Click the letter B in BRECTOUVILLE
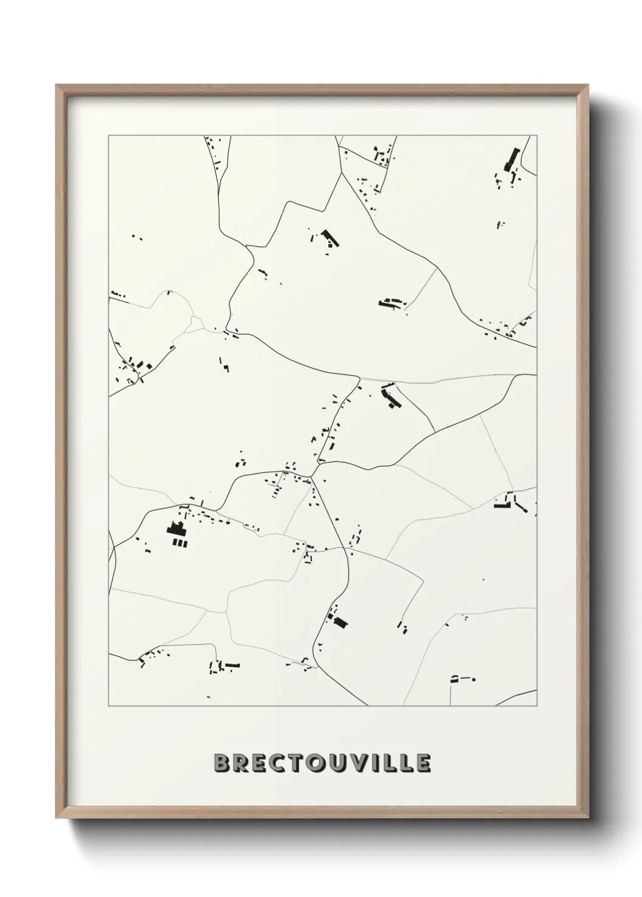[x=223, y=763]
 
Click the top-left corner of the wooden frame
[x=56, y=85]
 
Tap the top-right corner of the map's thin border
[x=537, y=136]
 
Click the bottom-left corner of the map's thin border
[x=109, y=705]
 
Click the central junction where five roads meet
[x=314, y=476]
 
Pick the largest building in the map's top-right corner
[x=512, y=159]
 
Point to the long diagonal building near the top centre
[x=331, y=238]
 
